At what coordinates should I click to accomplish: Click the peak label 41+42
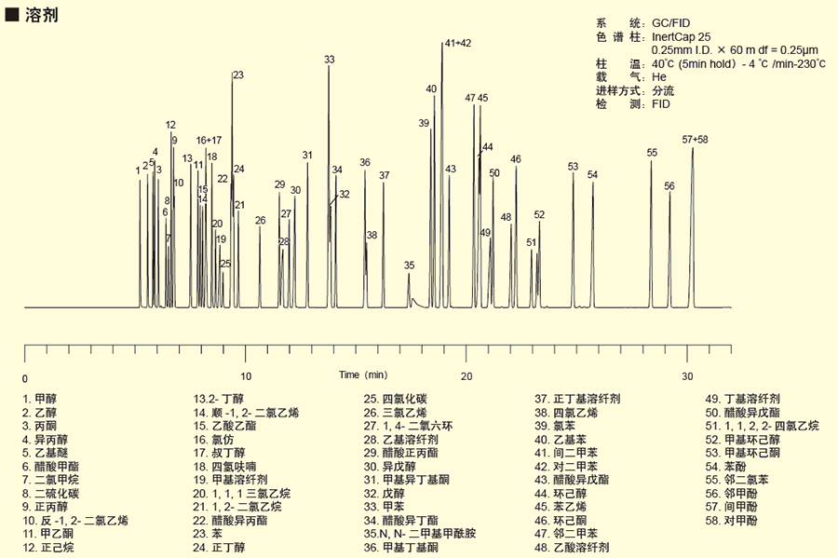click(457, 43)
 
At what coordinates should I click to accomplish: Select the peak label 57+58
click(695, 140)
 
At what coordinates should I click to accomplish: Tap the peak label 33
click(329, 60)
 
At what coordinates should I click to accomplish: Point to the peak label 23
click(237, 75)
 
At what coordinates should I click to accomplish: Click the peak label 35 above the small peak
click(409, 265)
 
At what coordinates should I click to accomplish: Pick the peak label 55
click(652, 153)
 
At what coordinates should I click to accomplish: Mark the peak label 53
click(573, 167)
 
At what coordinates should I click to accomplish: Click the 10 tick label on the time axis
click(246, 376)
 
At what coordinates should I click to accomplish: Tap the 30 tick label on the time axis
click(688, 376)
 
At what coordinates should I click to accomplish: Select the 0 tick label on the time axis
click(25, 378)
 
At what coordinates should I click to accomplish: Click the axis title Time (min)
click(362, 374)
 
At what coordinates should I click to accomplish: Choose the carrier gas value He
click(659, 77)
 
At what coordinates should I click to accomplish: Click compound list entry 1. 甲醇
click(39, 398)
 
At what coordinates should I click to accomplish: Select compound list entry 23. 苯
click(210, 534)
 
